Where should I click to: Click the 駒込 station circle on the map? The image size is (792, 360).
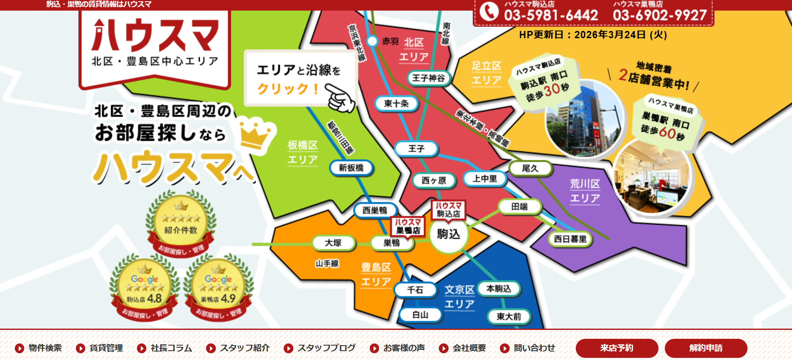pos(448,234)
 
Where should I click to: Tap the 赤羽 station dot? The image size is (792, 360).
pos(372,41)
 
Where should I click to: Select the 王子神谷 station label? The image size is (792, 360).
pos(428,78)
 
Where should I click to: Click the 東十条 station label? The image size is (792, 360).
pos(396,103)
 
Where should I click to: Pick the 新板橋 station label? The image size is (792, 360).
pos(351,168)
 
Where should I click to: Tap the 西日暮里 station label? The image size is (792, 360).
pos(570,239)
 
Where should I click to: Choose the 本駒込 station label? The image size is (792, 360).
pos(499,289)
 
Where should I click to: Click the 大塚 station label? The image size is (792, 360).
pos(333,243)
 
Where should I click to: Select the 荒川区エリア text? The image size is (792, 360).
pos(585,191)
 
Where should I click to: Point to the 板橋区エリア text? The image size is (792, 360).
pos(303,152)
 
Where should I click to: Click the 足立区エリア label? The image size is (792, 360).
pos(486,73)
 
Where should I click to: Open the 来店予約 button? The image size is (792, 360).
pos(616,348)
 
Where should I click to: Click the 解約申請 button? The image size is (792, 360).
pos(706,348)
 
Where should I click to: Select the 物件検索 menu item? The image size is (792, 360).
pos(39,348)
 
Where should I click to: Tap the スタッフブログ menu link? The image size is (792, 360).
pos(320,348)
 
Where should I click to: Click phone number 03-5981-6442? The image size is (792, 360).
pos(551,16)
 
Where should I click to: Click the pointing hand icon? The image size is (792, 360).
pos(340,97)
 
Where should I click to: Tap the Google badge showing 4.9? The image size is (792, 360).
pos(218,287)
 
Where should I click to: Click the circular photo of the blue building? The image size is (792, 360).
pos(584,118)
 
